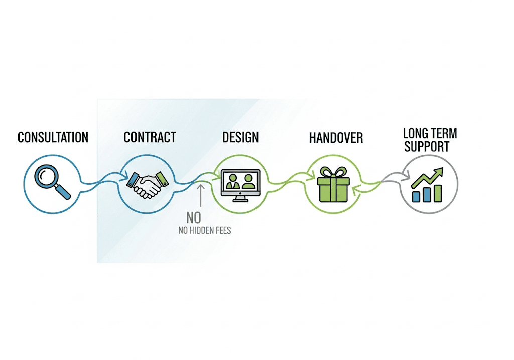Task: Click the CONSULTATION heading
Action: pyautogui.click(x=53, y=137)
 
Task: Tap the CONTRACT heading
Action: pyautogui.click(x=150, y=137)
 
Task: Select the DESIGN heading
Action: pyautogui.click(x=240, y=137)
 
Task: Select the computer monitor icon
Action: pyautogui.click(x=240, y=184)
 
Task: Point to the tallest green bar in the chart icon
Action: pyautogui.click(x=438, y=193)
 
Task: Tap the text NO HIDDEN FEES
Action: pyautogui.click(x=205, y=231)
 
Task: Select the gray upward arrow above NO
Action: pyautogui.click(x=201, y=196)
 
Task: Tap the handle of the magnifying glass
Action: pyautogui.click(x=63, y=191)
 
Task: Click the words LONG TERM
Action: pyautogui.click(x=430, y=133)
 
